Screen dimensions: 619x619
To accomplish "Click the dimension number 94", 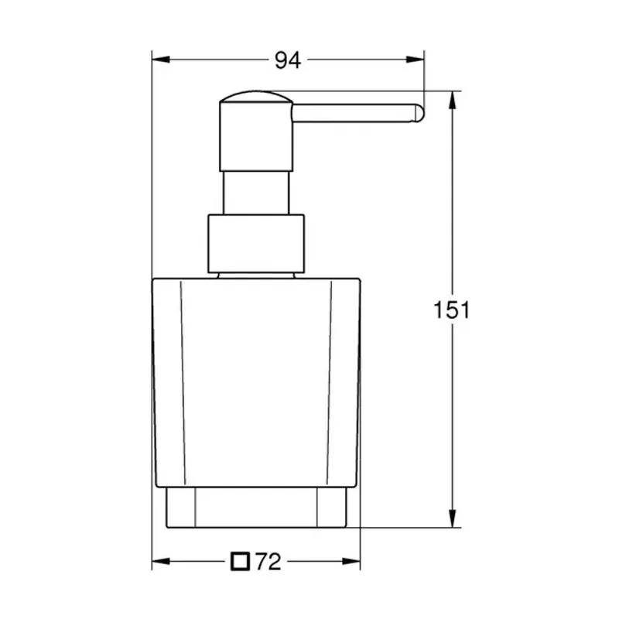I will pyautogui.click(x=288, y=60).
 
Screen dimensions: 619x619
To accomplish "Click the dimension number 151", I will pyautogui.click(x=451, y=310).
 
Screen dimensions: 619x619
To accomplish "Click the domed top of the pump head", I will pyautogui.click(x=255, y=97).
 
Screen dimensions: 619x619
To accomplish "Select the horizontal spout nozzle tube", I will pyautogui.click(x=356, y=113).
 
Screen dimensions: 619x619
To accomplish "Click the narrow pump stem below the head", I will pyautogui.click(x=257, y=193).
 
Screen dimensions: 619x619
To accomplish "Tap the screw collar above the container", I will pyautogui.click(x=256, y=244).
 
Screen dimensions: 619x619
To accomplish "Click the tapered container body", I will pyautogui.click(x=256, y=379).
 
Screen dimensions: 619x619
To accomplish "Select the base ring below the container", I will pyautogui.click(x=256, y=508).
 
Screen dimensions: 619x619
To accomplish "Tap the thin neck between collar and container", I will pyautogui.click(x=256, y=274).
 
